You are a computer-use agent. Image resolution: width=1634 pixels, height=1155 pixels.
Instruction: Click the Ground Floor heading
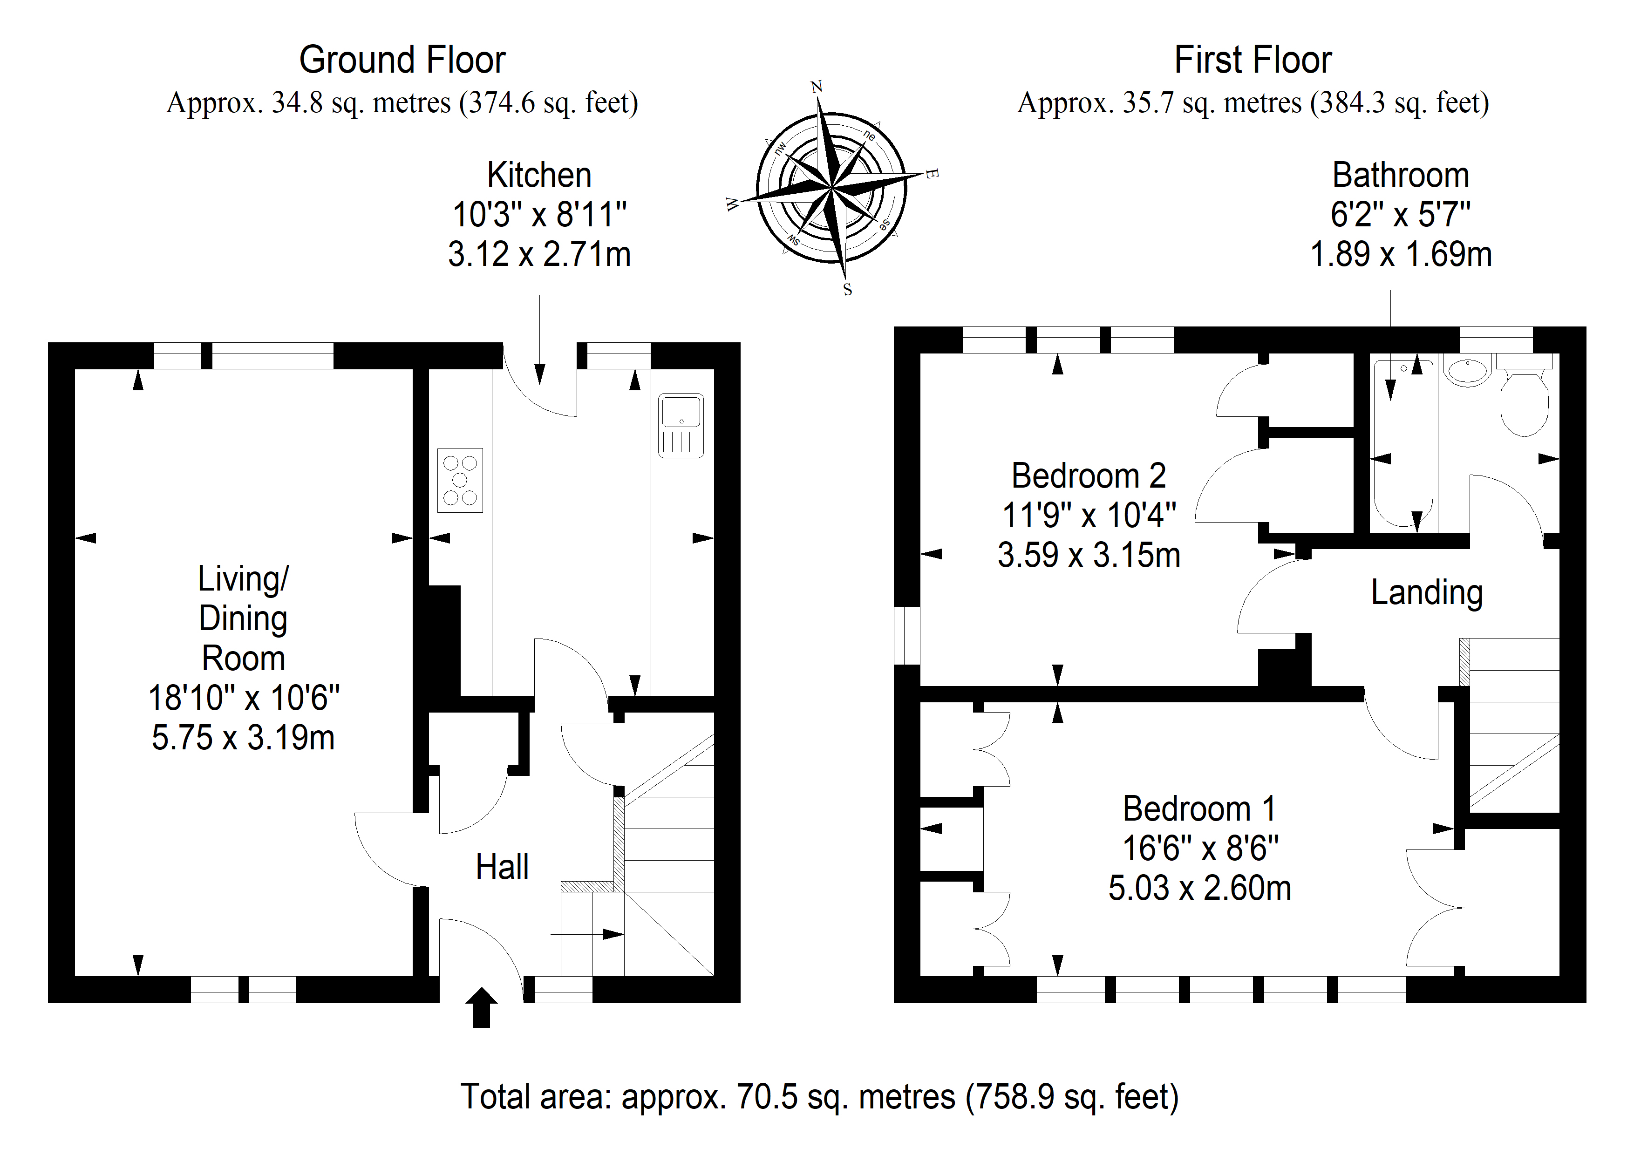(x=402, y=60)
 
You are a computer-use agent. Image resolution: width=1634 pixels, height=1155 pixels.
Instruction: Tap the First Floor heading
(x=1253, y=60)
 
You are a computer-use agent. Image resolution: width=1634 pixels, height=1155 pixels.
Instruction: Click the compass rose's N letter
(x=816, y=87)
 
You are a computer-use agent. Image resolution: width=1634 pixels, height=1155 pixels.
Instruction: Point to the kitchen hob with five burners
(x=460, y=480)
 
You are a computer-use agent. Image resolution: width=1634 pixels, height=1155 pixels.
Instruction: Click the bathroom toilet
(x=1525, y=396)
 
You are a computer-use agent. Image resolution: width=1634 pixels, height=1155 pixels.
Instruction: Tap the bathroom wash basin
(x=1467, y=371)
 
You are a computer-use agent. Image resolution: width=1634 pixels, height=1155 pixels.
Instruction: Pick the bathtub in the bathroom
(x=1403, y=444)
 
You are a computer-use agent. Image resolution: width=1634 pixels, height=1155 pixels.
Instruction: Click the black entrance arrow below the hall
(x=482, y=1007)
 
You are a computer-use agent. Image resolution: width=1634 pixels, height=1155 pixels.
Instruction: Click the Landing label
(x=1427, y=593)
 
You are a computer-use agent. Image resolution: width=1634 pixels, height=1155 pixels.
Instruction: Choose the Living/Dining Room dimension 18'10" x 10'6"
(x=244, y=698)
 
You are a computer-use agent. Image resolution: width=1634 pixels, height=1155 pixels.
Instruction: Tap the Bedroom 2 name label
(x=1089, y=476)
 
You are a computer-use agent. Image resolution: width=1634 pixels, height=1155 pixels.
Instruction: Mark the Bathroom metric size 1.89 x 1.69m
(x=1401, y=254)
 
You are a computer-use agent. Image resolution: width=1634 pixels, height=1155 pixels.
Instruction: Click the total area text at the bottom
(x=820, y=1097)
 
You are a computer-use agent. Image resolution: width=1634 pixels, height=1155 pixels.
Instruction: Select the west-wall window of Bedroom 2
(x=907, y=636)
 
